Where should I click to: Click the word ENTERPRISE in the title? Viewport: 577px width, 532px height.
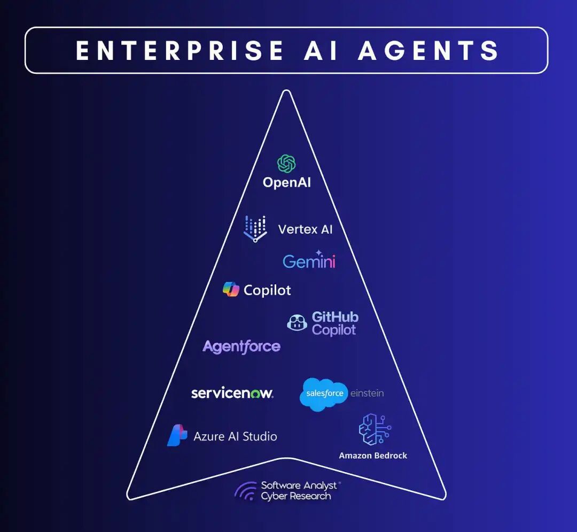click(180, 50)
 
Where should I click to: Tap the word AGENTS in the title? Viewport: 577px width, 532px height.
click(429, 50)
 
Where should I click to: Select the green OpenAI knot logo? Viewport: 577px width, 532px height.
click(286, 164)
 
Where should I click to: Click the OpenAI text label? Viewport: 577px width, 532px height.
click(286, 182)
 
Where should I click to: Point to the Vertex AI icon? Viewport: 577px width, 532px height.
click(255, 229)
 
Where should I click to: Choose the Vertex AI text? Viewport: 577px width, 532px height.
click(305, 229)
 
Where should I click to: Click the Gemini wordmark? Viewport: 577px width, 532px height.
click(309, 261)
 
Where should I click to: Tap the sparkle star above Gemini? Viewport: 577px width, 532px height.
click(319, 252)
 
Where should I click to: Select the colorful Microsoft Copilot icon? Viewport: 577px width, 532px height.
click(231, 289)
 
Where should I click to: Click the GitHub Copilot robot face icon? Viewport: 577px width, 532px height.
click(297, 322)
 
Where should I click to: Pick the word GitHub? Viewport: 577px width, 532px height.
click(335, 317)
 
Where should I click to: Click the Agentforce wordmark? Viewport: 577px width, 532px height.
click(241, 347)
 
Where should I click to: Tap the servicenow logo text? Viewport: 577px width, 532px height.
click(232, 394)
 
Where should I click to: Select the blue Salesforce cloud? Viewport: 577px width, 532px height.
click(324, 394)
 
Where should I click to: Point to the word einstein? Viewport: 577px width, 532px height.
click(367, 394)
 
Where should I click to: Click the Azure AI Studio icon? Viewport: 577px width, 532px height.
click(177, 436)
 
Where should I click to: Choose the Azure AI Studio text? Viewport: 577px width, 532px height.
click(235, 436)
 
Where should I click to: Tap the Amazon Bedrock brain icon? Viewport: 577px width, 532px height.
click(374, 429)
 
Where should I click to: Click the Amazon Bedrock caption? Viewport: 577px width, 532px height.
click(373, 456)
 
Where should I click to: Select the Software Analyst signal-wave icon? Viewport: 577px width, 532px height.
click(246, 491)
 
